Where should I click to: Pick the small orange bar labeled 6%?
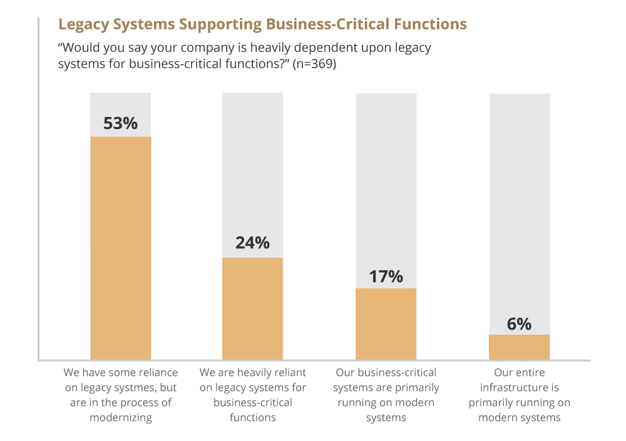click(519, 347)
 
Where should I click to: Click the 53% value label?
click(120, 123)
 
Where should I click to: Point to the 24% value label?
click(252, 243)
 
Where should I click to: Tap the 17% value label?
click(386, 276)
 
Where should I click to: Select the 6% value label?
click(519, 323)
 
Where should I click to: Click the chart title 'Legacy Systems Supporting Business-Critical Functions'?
click(262, 24)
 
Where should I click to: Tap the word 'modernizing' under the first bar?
click(121, 418)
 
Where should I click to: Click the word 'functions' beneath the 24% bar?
click(253, 418)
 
